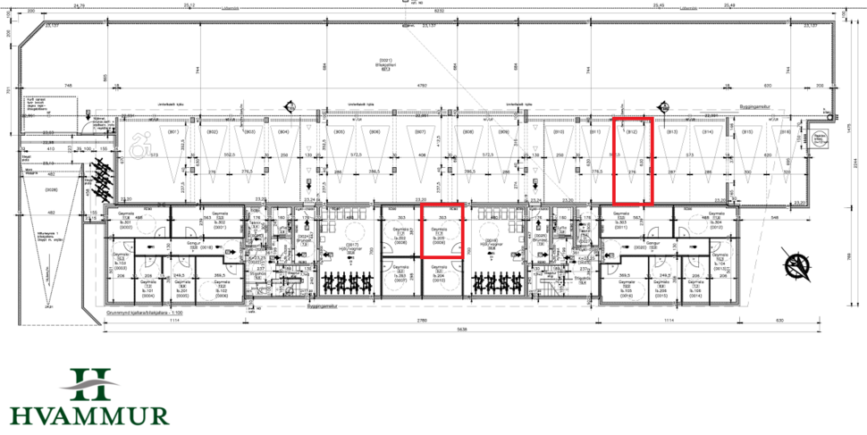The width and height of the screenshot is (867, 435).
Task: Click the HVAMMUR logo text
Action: [x=89, y=414]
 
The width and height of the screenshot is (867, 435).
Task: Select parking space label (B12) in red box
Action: [x=632, y=132]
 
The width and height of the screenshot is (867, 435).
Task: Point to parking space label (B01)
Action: [x=176, y=132]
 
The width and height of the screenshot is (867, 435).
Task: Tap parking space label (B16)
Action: [x=786, y=132]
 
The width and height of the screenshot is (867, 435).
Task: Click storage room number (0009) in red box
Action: [x=439, y=243]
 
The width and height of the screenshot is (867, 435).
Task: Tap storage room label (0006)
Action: [x=221, y=294]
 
